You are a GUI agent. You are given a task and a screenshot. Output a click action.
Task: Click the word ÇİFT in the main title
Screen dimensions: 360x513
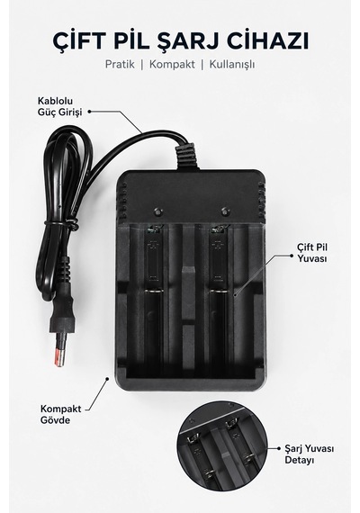coord(76,40)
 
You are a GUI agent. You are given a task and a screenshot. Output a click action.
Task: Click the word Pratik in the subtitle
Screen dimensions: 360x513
coord(120,64)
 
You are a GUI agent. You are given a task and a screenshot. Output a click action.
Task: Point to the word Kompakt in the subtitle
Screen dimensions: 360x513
coord(172,64)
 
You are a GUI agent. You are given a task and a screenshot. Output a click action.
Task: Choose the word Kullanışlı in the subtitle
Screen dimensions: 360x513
coord(232,65)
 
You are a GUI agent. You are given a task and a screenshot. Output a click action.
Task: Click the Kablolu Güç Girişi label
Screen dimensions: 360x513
coord(59,106)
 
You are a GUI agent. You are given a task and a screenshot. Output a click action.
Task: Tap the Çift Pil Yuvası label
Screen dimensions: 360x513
coord(312,253)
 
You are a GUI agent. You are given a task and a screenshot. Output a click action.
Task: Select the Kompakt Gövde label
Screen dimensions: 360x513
coord(61,414)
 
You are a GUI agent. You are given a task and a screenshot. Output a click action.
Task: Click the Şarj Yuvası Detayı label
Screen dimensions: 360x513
coord(309,454)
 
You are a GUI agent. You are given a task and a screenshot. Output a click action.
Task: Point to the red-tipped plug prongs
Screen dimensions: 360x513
coord(59,354)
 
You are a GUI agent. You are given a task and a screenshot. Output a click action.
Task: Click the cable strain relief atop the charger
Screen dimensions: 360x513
coord(187,156)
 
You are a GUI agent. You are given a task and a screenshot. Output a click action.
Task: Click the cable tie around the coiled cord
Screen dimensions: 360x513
coord(61,223)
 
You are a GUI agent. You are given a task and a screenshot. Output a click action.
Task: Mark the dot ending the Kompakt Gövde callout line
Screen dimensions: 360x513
coord(107,379)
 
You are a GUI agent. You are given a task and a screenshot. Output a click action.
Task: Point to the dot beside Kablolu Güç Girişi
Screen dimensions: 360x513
coord(89,112)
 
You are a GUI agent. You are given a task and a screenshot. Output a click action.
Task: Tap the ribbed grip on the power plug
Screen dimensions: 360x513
coord(65,270)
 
